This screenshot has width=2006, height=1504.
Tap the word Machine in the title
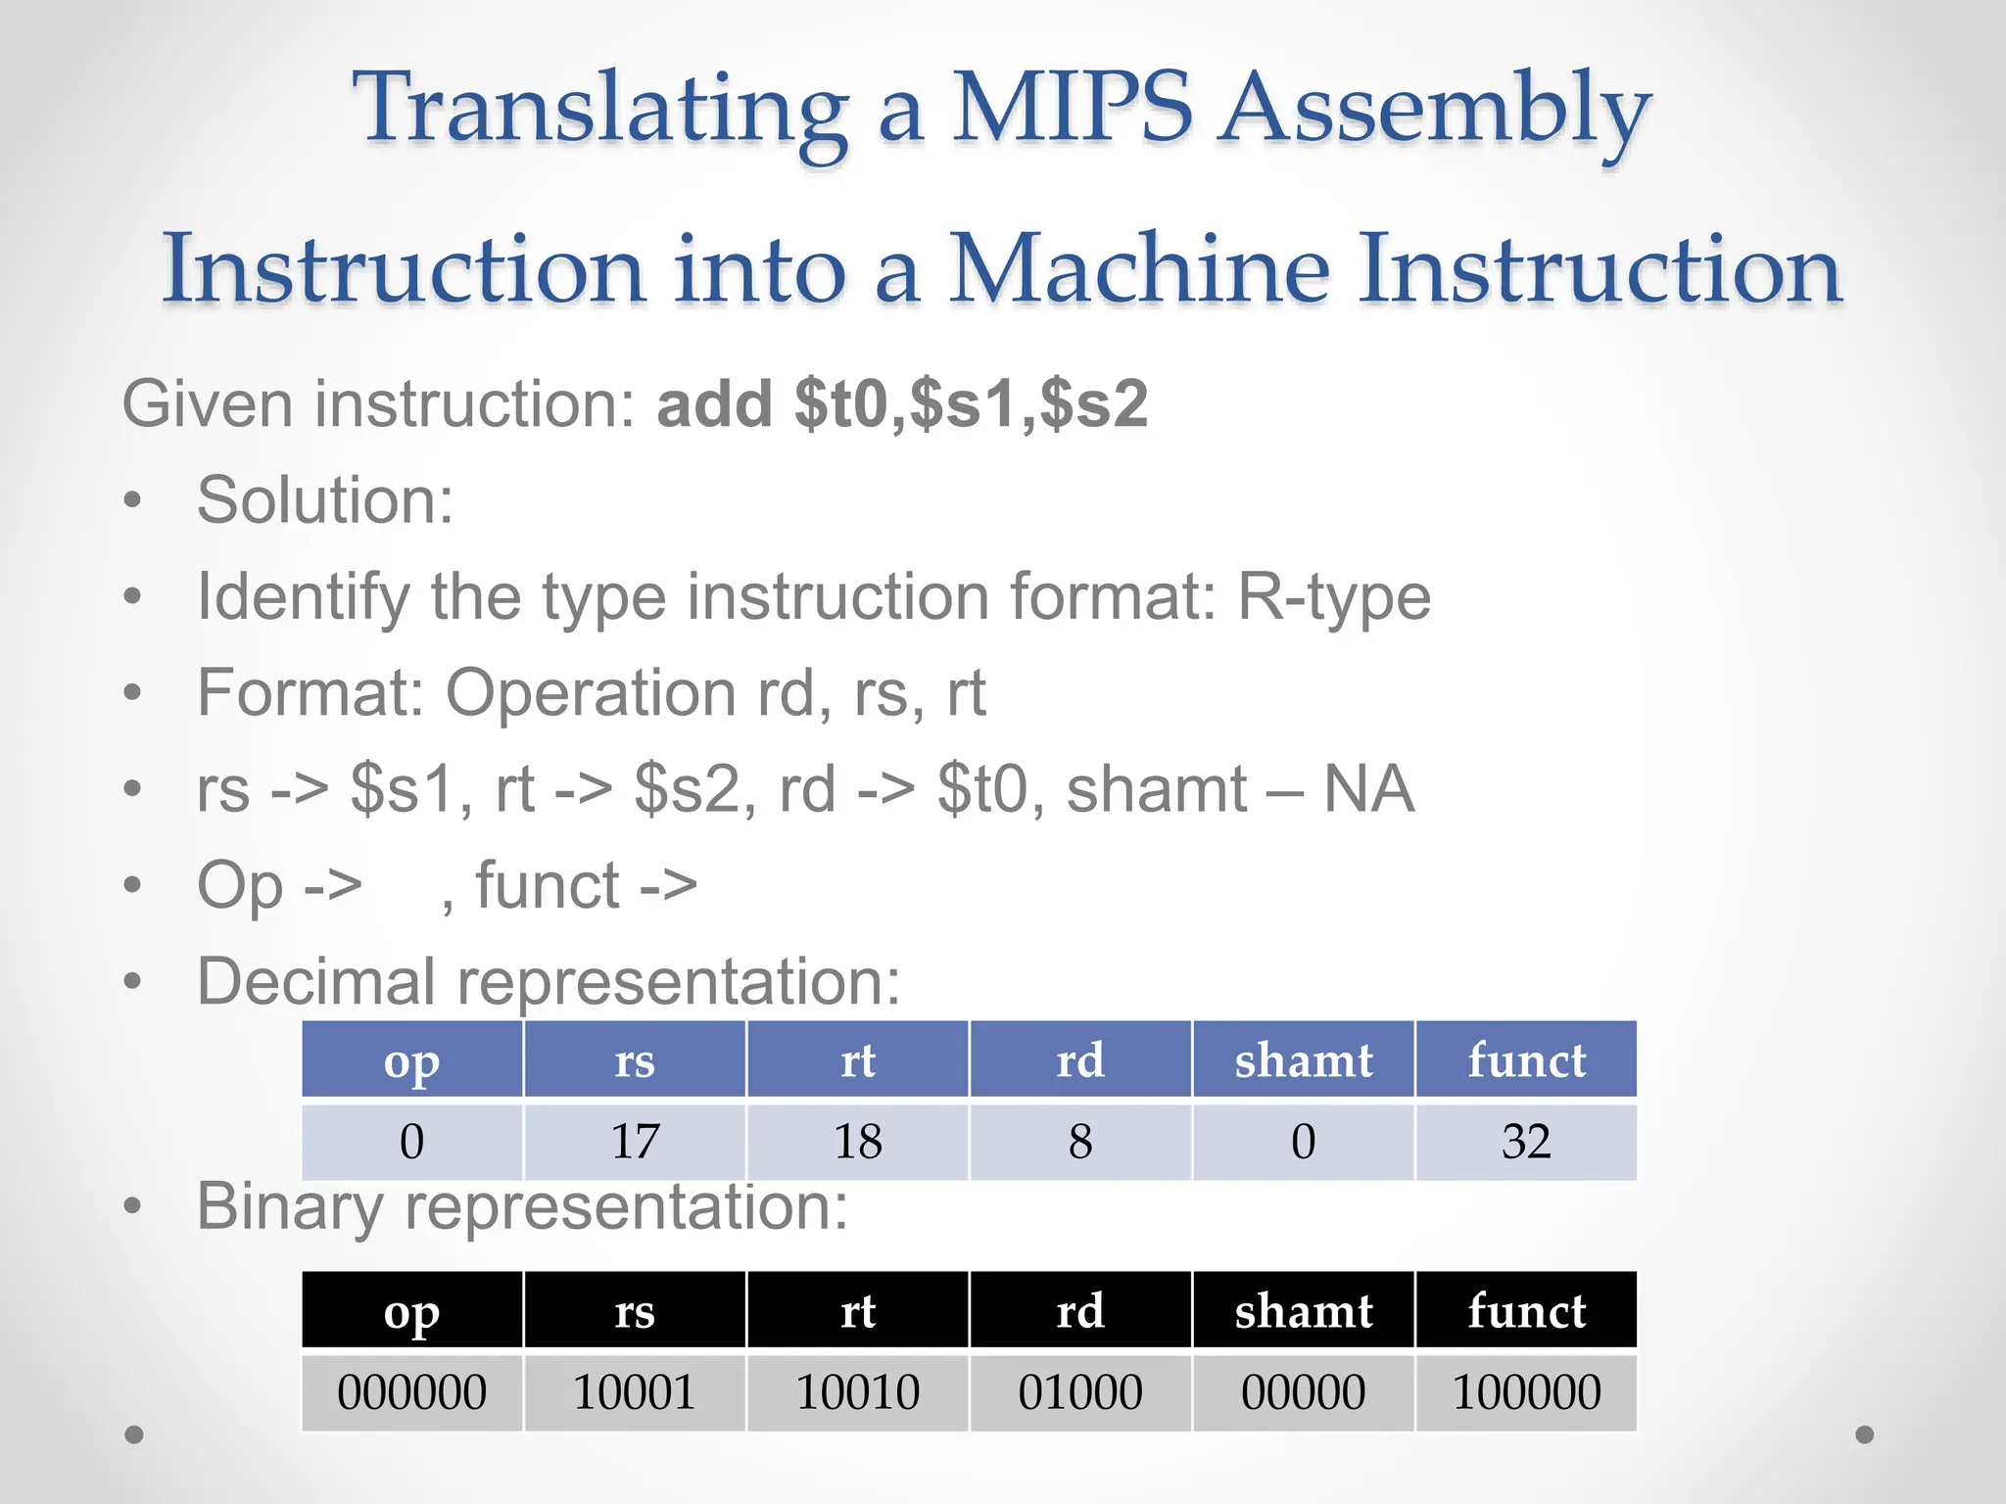point(1139,268)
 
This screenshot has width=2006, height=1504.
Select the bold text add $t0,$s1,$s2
point(902,403)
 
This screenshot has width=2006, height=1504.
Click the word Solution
point(324,500)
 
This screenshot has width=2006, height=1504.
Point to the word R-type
point(1333,596)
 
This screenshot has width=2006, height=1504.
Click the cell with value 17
point(635,1142)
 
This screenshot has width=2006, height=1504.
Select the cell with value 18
point(857,1142)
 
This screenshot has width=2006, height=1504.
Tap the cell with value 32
point(1526,1142)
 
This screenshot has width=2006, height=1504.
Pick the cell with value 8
point(1080,1142)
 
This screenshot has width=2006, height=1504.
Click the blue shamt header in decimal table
point(1303,1059)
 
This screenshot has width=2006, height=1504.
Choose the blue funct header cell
point(1526,1059)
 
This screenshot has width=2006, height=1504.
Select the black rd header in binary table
point(1080,1310)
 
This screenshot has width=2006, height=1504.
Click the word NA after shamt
point(1368,789)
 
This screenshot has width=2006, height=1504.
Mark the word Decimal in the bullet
point(316,981)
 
